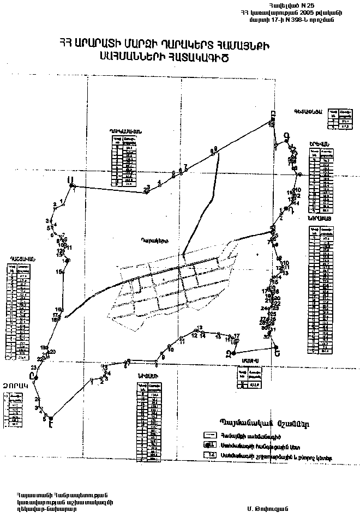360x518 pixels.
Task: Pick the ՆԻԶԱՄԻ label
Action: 148,376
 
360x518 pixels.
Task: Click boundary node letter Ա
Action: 69,179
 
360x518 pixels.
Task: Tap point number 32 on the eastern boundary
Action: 266,338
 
